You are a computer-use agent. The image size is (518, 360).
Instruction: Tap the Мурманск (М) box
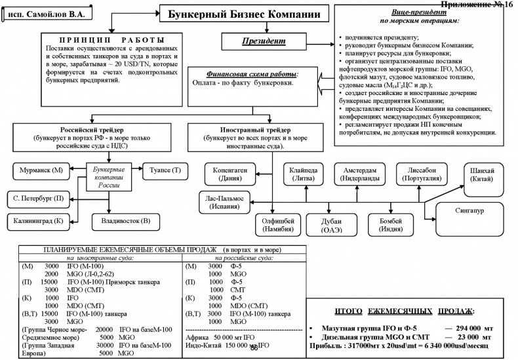(x=41, y=170)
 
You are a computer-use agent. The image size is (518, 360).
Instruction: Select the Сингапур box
(x=478, y=210)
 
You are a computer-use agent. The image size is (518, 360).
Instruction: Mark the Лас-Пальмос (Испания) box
(x=225, y=200)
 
